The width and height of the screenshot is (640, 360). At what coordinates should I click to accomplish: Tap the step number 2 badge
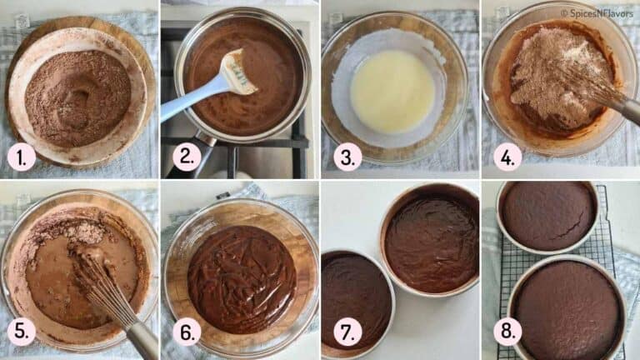click(186, 157)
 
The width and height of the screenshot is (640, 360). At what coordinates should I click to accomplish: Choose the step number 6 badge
click(186, 331)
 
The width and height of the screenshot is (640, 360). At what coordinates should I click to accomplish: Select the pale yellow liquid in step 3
click(392, 91)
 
